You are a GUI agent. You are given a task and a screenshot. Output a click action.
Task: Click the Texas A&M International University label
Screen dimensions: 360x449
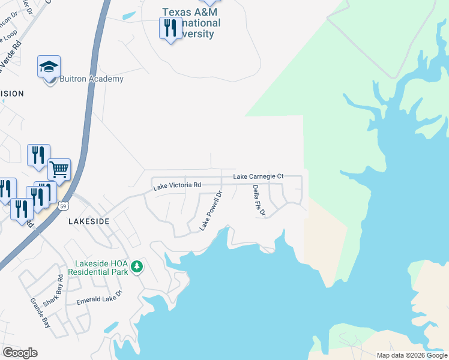[191, 22]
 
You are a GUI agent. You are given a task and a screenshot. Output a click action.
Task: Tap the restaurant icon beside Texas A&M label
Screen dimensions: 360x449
[170, 28]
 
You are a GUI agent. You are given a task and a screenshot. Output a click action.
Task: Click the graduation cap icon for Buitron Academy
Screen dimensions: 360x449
[49, 68]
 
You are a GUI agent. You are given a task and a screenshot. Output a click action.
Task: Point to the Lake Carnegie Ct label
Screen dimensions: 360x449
[258, 176]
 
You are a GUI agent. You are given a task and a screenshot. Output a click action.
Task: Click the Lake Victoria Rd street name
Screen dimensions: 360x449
[176, 186]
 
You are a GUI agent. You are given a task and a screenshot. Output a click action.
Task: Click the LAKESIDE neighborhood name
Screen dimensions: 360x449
[89, 221]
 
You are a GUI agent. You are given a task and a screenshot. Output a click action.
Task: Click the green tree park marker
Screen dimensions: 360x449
[137, 266]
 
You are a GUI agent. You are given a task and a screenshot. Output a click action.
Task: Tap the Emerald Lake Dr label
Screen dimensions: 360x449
[99, 298]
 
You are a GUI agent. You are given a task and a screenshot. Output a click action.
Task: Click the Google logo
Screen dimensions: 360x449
[20, 352]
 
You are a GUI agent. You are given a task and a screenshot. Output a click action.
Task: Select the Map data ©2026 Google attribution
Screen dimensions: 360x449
[411, 355]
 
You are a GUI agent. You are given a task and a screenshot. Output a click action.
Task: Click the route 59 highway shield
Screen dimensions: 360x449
[63, 206]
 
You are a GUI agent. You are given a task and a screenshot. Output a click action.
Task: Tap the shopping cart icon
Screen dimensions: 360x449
[59, 170]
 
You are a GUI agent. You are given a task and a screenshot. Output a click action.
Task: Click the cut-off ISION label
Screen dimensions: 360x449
[12, 94]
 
